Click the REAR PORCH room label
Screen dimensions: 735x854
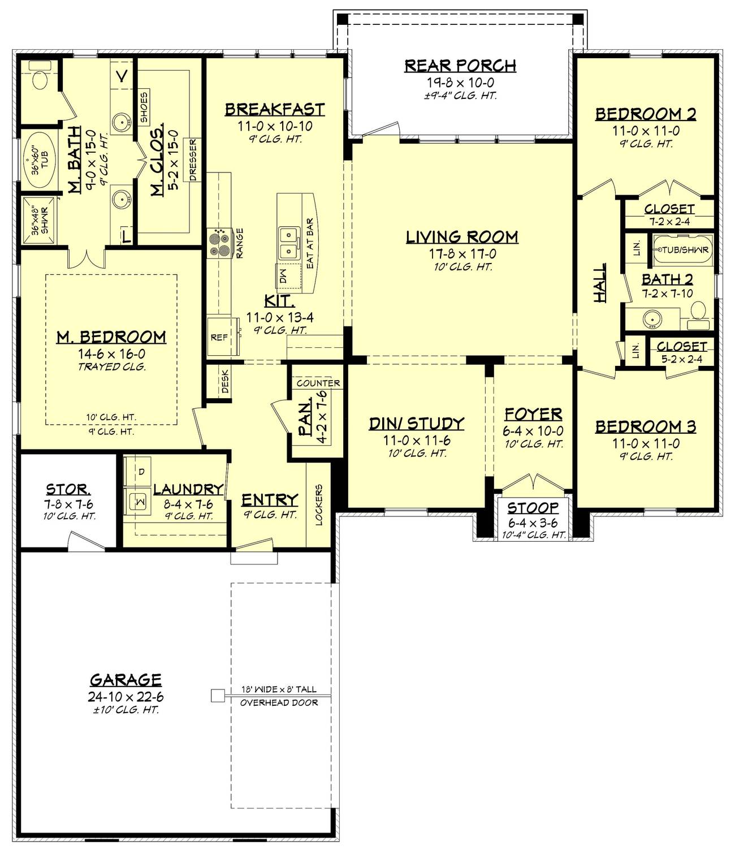[x=460, y=66]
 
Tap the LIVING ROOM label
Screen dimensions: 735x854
[x=462, y=237]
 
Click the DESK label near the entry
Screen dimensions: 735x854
[x=225, y=381]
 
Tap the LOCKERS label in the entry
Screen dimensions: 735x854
[x=318, y=505]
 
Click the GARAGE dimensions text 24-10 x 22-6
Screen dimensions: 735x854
[x=126, y=697]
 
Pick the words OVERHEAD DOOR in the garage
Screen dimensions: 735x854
[x=279, y=703]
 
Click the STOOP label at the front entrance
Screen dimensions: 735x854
[x=533, y=507]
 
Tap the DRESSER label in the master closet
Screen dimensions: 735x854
[x=193, y=159]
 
